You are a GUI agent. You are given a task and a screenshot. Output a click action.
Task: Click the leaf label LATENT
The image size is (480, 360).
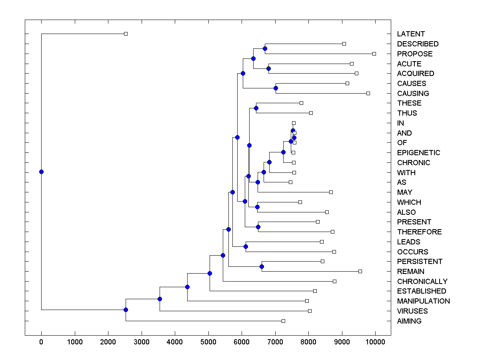[x=411, y=34]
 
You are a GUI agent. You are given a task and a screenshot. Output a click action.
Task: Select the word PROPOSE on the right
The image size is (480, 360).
[x=415, y=54]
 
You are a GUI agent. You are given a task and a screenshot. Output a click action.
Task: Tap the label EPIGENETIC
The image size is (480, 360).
[x=418, y=153]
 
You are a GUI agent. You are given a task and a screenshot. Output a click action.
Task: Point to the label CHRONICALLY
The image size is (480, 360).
[x=422, y=282]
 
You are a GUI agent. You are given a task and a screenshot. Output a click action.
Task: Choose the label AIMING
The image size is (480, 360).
[x=409, y=321]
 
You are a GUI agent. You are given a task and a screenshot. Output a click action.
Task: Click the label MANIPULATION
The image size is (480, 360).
[x=423, y=301]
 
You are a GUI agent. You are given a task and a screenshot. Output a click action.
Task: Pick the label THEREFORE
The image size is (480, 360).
[x=419, y=232]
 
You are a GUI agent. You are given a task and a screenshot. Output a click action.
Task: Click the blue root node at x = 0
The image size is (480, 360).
[x=41, y=172]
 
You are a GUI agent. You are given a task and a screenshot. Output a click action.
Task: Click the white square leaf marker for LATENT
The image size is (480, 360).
[x=126, y=34]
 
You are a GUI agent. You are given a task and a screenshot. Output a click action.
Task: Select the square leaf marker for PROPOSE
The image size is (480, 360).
[x=374, y=54]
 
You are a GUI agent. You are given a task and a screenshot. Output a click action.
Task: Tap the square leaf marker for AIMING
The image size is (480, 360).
[x=283, y=321]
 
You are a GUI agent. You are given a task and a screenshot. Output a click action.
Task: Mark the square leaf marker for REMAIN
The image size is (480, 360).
[x=360, y=271]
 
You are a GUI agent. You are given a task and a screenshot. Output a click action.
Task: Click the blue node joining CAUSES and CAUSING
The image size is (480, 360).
[x=276, y=88]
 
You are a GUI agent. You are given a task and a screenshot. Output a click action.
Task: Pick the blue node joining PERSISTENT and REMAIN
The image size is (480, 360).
[x=262, y=266]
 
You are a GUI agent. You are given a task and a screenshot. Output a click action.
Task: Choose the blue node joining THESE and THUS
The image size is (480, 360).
[x=256, y=108]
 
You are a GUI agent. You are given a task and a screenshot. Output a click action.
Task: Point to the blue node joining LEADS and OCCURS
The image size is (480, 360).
[x=246, y=246]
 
